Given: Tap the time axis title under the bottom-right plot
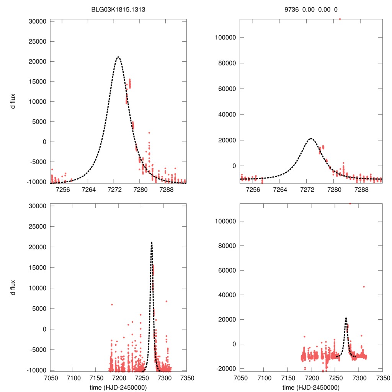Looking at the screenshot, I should click(311, 387).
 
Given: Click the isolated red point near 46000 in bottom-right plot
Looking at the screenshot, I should click(364, 287).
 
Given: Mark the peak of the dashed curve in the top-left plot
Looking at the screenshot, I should click(118, 57).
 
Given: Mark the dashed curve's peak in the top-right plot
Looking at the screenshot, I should click(311, 139).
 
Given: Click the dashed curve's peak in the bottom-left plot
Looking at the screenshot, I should click(152, 242).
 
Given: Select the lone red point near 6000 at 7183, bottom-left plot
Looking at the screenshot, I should click(112, 304).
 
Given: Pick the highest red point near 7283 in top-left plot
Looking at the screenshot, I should click(149, 132).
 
